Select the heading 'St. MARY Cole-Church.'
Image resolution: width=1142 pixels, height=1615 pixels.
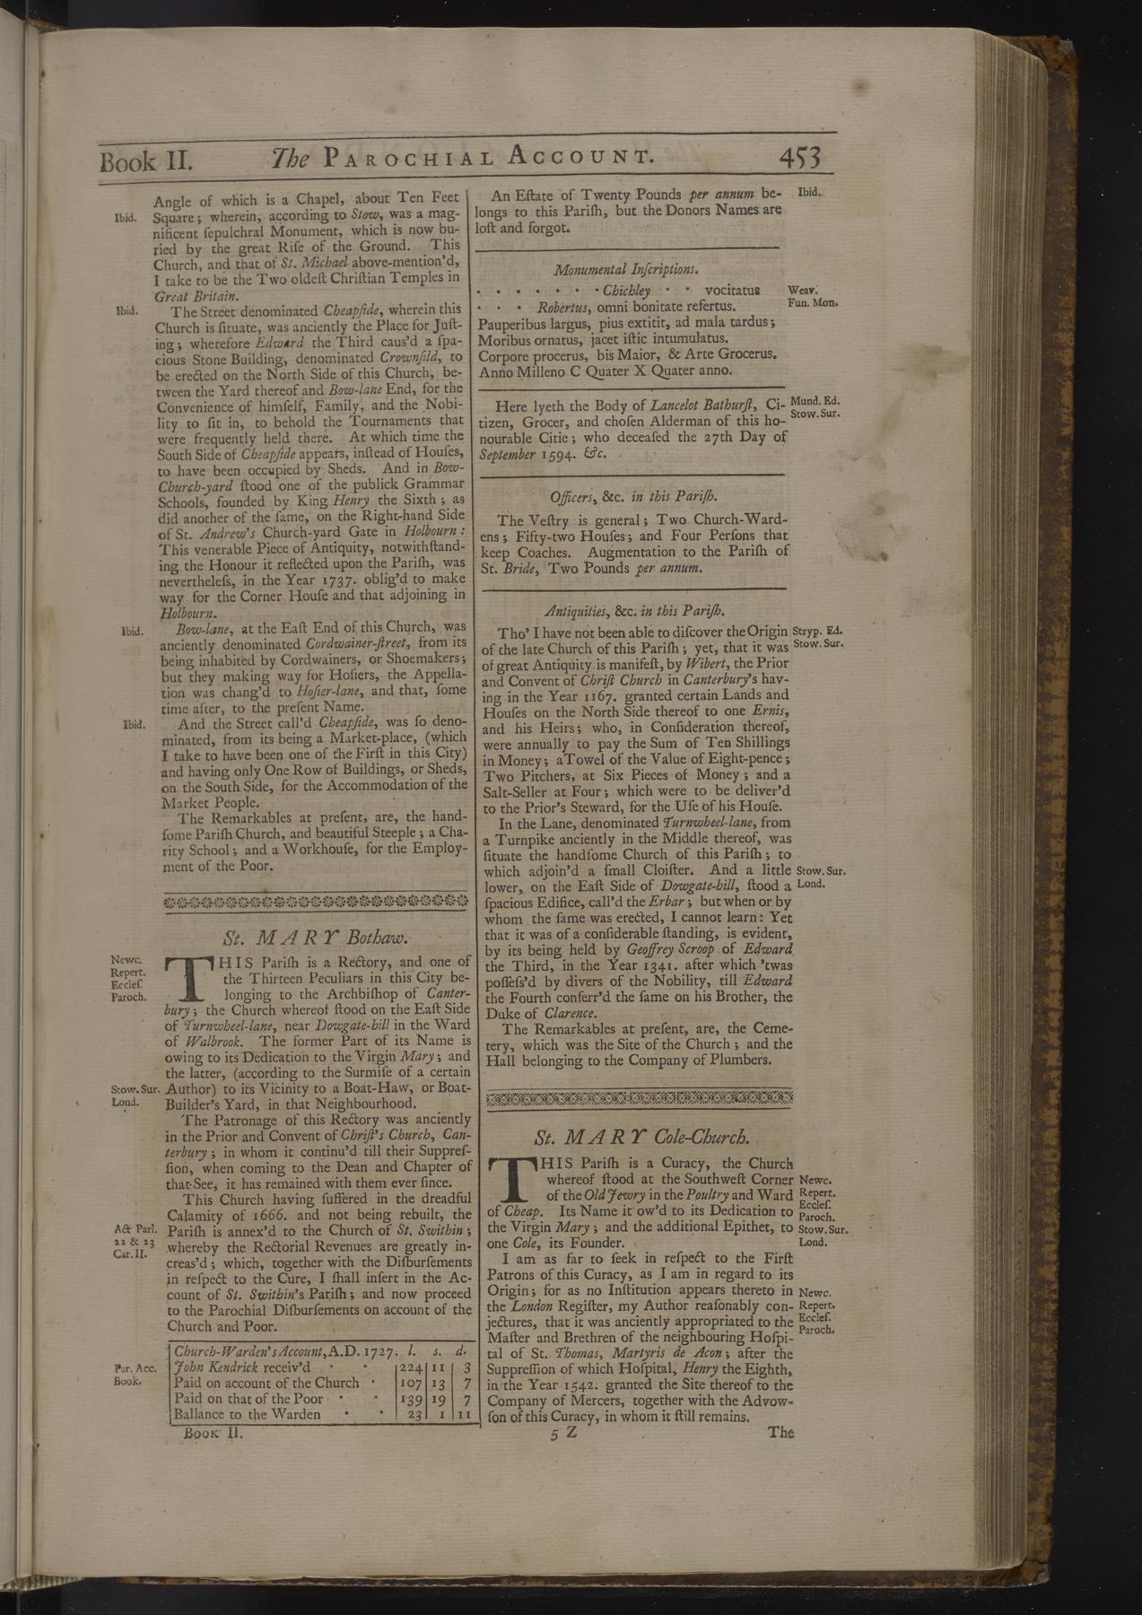coord(641,1138)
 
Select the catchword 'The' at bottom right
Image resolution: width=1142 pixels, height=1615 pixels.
coord(780,1432)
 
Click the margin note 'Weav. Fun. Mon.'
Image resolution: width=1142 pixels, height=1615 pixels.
coord(810,297)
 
